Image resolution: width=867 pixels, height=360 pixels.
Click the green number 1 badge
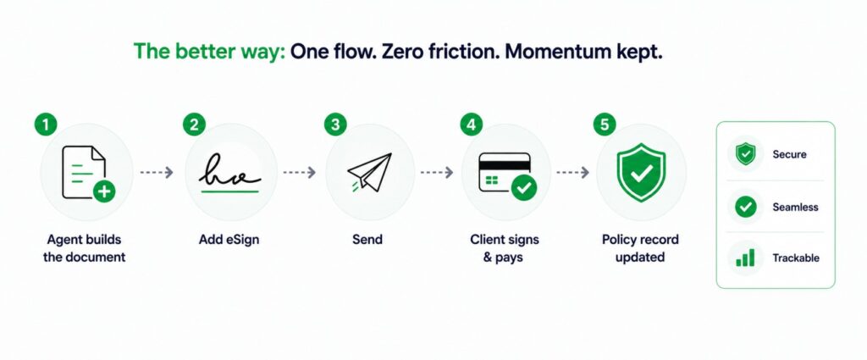tap(46, 125)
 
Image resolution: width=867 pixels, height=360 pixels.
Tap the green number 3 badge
tap(335, 125)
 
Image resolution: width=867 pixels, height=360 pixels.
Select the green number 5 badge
tap(605, 125)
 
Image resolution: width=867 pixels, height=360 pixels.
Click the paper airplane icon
tap(369, 173)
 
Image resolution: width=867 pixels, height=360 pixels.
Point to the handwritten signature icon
tap(230, 173)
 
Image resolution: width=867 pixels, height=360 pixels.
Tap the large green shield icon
tap(642, 172)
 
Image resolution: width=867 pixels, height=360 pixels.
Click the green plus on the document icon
tap(104, 191)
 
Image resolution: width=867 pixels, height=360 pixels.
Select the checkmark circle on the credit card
tap(524, 188)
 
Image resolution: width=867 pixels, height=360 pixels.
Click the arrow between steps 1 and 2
tap(157, 173)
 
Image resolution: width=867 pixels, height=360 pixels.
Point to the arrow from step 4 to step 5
tap(573, 173)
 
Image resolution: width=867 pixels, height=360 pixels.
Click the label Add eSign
tap(229, 240)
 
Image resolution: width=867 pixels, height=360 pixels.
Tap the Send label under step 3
tap(367, 240)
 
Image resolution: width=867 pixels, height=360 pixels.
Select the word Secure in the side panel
tap(790, 154)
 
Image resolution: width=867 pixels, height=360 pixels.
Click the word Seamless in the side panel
tap(795, 208)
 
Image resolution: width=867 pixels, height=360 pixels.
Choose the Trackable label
tap(796, 258)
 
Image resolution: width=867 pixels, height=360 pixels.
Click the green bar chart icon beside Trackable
tap(745, 258)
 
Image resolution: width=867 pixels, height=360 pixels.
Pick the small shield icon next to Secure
tap(745, 153)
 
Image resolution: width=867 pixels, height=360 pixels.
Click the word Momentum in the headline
tap(558, 52)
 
